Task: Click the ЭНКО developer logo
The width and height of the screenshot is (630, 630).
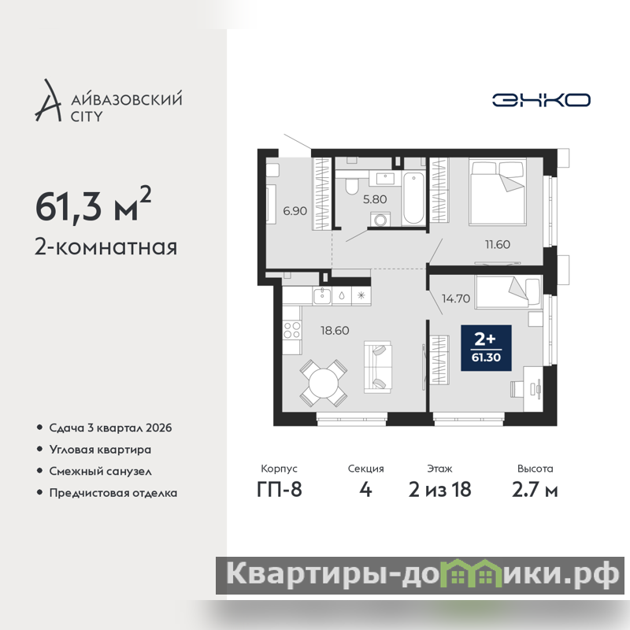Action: click(x=541, y=100)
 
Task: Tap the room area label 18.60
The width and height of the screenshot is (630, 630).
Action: click(x=335, y=331)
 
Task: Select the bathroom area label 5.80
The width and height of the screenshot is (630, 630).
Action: click(x=375, y=199)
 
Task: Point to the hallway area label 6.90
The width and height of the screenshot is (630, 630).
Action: click(x=295, y=211)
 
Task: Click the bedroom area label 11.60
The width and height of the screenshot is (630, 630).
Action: click(x=498, y=244)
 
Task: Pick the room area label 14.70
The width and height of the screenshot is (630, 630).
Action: click(x=456, y=298)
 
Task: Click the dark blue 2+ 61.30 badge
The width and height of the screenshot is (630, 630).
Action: click(x=486, y=348)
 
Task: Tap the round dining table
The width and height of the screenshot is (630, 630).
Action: click(x=324, y=383)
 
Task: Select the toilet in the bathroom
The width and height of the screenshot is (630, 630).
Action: click(x=352, y=186)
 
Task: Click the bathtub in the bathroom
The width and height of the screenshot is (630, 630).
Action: click(x=413, y=198)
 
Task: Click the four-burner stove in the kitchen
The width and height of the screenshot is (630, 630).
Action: click(x=291, y=331)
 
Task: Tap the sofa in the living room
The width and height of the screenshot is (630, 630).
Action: click(x=378, y=367)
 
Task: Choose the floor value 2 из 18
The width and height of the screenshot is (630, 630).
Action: click(x=439, y=489)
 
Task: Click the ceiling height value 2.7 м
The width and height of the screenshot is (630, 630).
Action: click(x=535, y=489)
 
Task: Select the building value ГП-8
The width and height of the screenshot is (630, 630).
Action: click(x=280, y=489)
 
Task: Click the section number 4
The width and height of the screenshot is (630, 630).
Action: click(x=365, y=489)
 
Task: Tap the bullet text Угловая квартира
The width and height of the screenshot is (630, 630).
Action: click(x=100, y=449)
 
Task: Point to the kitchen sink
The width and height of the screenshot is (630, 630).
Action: click(x=322, y=296)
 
